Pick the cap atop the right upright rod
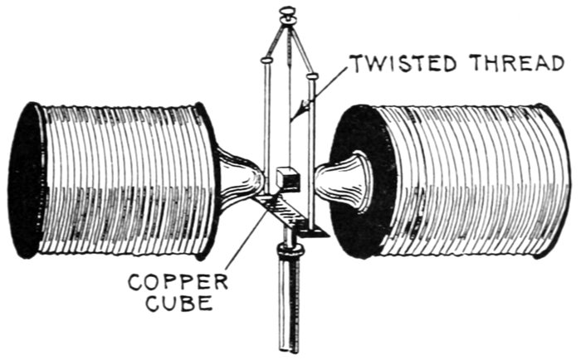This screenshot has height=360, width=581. tap(312, 77)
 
